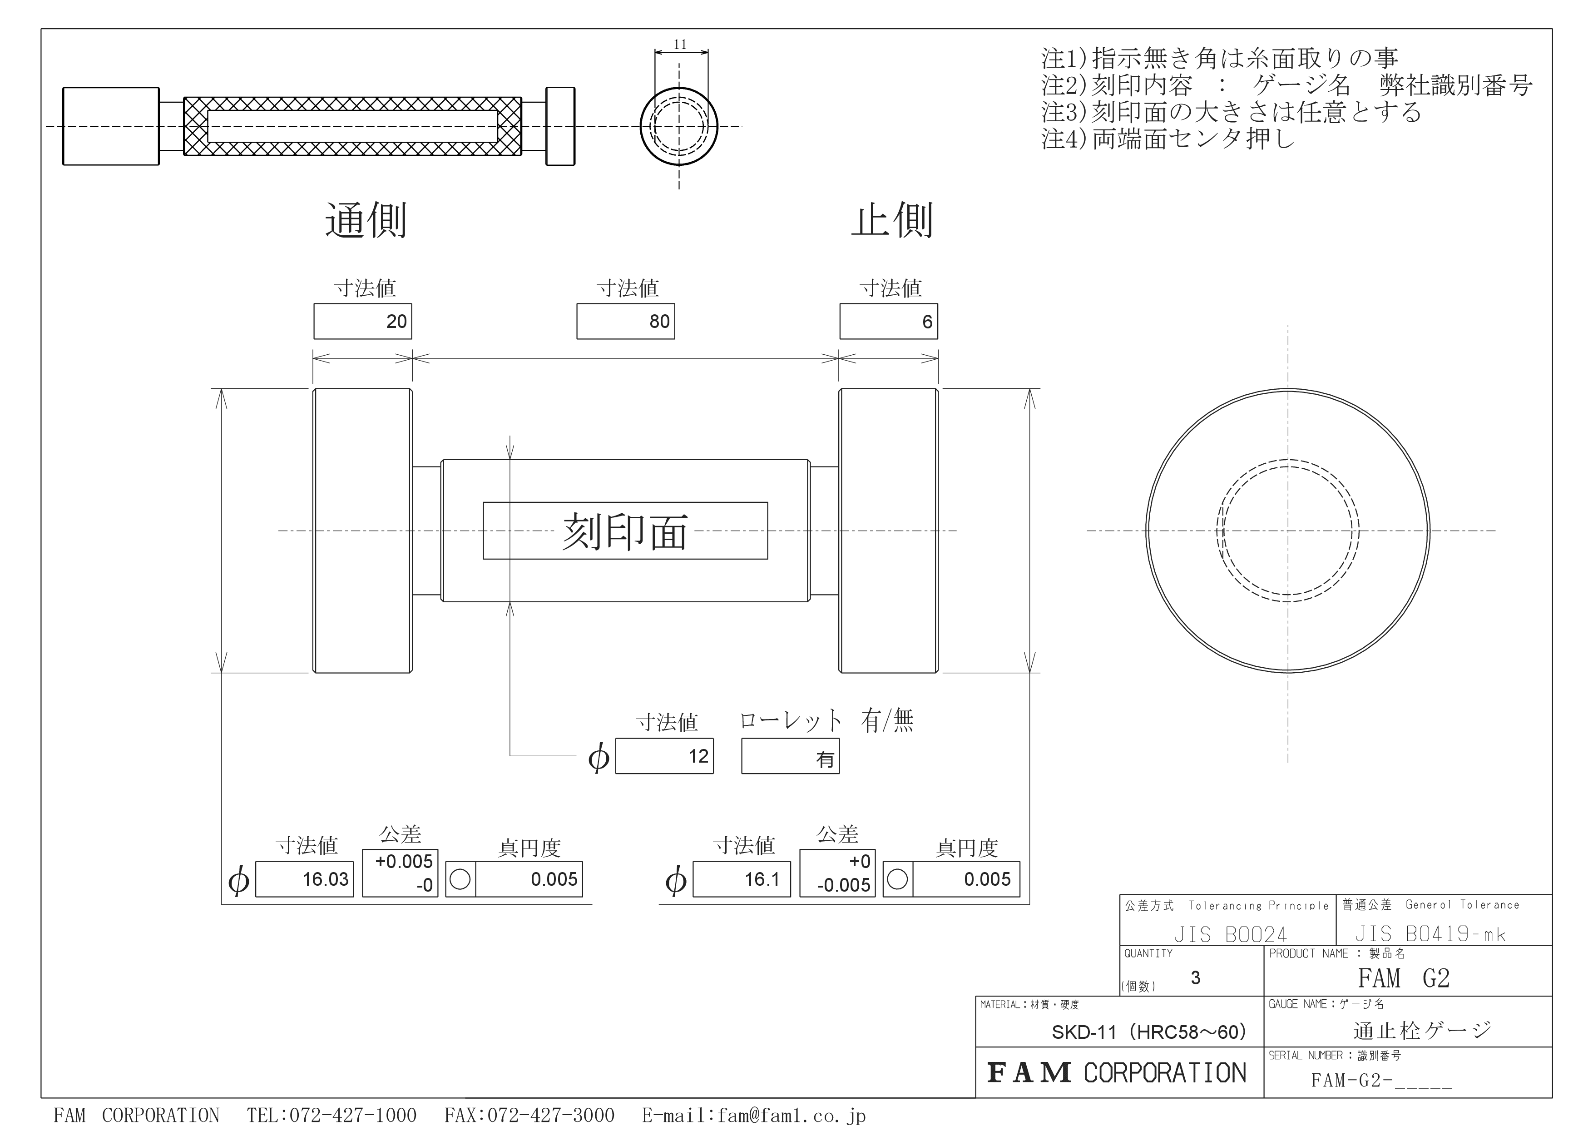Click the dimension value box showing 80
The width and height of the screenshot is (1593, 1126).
625,321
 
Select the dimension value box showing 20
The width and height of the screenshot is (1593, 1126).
362,321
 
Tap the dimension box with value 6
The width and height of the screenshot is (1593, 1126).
888,321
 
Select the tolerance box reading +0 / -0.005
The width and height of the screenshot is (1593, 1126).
837,873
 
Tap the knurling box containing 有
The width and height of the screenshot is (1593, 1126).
790,756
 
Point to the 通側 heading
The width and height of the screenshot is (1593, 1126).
366,221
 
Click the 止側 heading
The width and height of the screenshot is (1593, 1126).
892,221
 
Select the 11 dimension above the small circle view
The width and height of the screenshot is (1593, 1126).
680,45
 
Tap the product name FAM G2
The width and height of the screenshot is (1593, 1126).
1404,978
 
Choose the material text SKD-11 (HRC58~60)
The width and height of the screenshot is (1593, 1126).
1149,1032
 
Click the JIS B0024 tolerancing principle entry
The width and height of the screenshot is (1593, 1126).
1230,934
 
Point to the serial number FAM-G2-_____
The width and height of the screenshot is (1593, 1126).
1381,1080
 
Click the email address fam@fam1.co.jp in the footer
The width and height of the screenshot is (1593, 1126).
792,1115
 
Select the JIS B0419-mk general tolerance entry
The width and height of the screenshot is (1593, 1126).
1430,934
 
